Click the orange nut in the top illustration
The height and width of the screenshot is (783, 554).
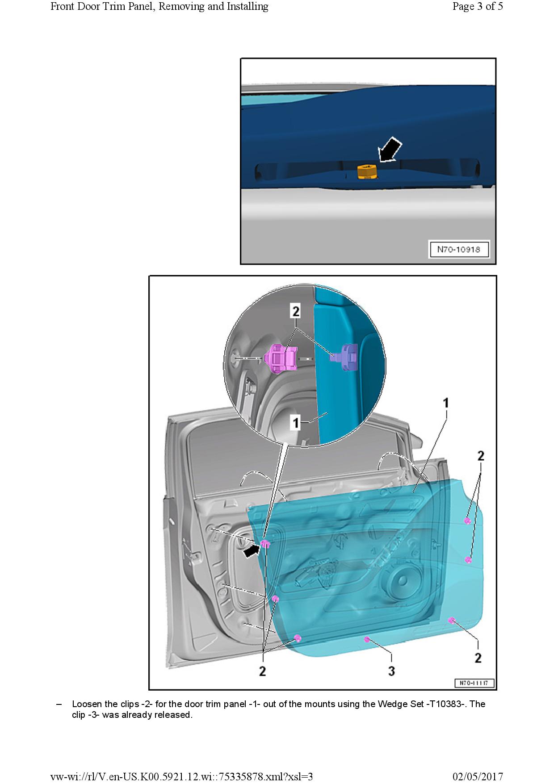pyautogui.click(x=367, y=171)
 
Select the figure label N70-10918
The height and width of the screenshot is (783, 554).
pyautogui.click(x=458, y=250)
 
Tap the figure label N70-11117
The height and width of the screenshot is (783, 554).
pyautogui.click(x=474, y=683)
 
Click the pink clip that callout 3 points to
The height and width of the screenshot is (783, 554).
pyautogui.click(x=367, y=640)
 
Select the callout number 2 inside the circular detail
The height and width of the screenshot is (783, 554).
pyautogui.click(x=295, y=311)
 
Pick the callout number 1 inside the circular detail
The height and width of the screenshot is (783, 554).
pyautogui.click(x=295, y=422)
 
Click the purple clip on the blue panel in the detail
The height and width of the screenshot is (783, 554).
pyautogui.click(x=346, y=357)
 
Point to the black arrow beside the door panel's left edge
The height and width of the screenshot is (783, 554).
pyautogui.click(x=251, y=550)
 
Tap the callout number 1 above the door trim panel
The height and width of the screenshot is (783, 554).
pyautogui.click(x=445, y=403)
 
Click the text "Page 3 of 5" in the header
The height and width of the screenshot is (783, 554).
pyautogui.click(x=477, y=6)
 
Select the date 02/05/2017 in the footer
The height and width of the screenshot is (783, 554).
pyautogui.click(x=478, y=776)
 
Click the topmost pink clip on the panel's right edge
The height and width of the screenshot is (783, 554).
pyautogui.click(x=467, y=521)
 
